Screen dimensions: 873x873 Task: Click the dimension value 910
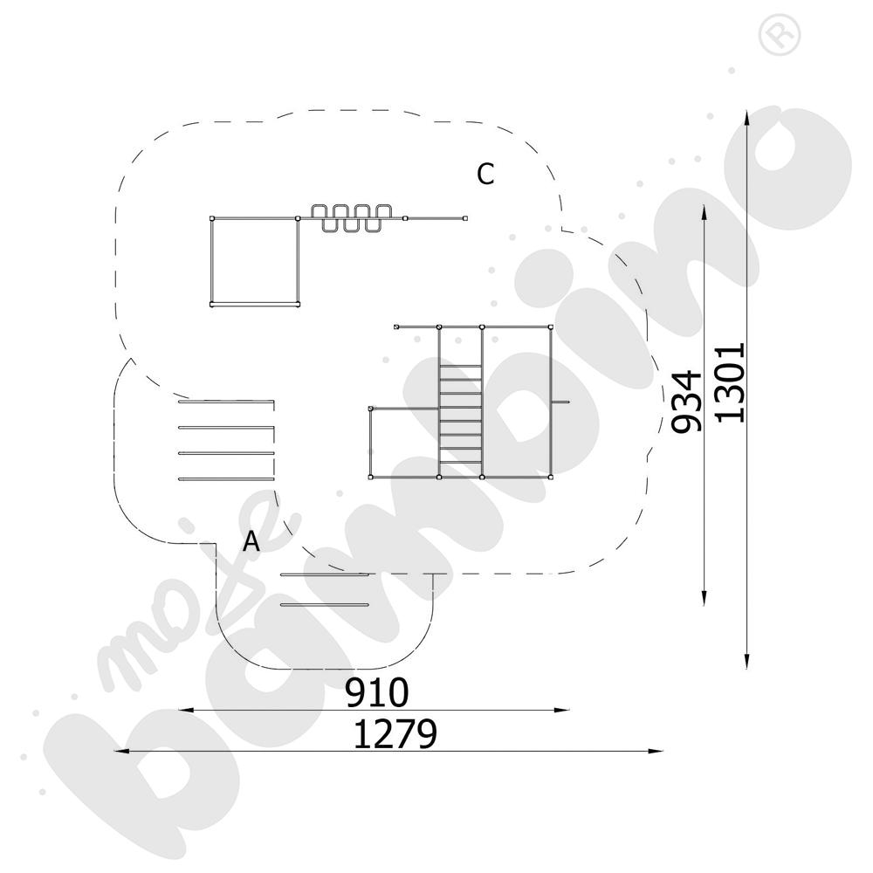(377, 691)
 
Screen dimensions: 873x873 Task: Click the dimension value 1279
(395, 734)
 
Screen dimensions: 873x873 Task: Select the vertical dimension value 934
(685, 401)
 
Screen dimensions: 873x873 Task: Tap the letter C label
(485, 175)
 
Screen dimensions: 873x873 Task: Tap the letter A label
(251, 540)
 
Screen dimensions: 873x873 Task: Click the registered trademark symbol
(780, 35)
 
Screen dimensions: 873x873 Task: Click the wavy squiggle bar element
(351, 218)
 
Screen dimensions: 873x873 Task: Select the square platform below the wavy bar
(255, 261)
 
